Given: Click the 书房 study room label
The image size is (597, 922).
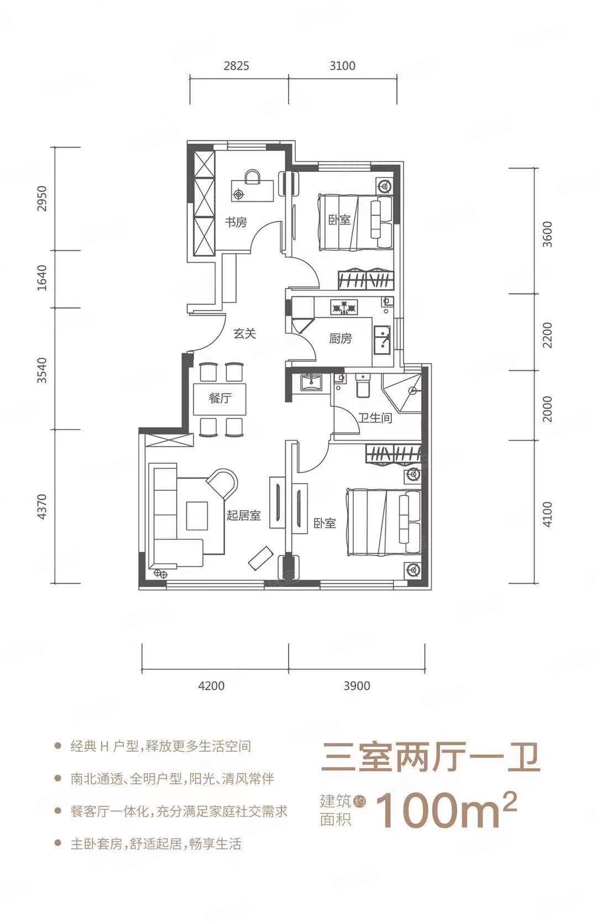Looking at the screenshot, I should point(235,223).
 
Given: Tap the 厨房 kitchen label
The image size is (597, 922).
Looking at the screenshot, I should point(341,339).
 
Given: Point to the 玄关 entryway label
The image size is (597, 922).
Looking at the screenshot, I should point(244,334).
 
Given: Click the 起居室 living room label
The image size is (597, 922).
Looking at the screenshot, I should point(243,515).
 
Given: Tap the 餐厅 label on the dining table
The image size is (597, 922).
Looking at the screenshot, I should point(220,399).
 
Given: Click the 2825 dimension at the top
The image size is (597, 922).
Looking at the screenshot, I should point(237,66).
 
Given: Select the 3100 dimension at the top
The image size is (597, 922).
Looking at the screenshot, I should point(342,66).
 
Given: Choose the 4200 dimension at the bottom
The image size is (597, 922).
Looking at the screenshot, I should point(211,685).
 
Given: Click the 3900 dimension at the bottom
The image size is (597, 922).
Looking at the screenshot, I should point(357,685).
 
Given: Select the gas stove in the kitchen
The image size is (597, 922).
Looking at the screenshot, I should point(344,307).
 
